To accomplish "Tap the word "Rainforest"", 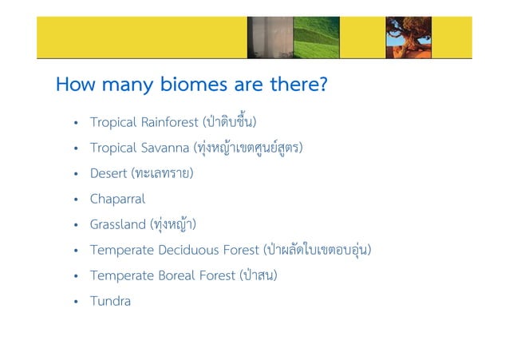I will point(170,122).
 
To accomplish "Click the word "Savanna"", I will point(165,148).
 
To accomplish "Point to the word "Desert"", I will point(108,173).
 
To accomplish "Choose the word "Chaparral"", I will point(117,199).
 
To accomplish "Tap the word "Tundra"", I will point(110,301).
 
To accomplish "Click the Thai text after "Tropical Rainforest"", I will point(231,122).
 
